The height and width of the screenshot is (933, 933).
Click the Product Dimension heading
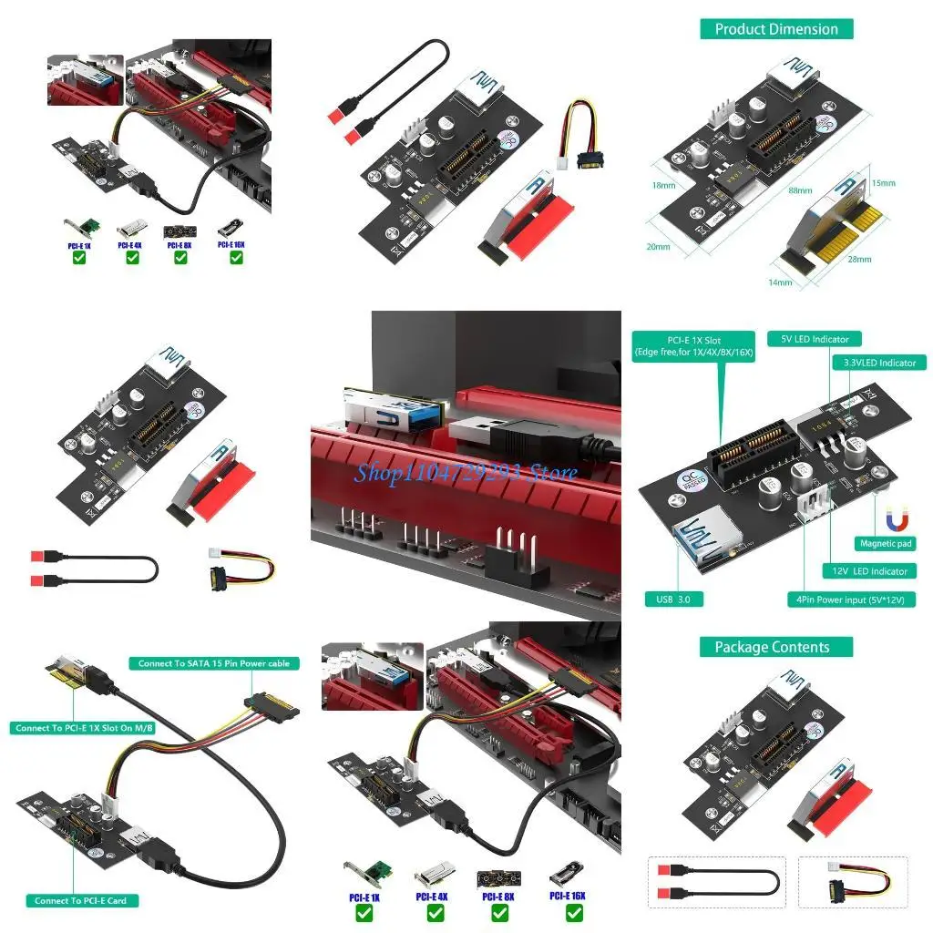776,29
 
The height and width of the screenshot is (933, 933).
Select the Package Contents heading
772,647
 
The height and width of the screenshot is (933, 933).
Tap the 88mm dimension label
801,191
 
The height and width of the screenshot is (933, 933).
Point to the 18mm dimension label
664,185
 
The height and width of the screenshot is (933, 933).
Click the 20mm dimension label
658,246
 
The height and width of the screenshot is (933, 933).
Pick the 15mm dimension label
884,183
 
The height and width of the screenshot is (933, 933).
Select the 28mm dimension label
859,260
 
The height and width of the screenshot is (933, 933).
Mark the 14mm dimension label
779,282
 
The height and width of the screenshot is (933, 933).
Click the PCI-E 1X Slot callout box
693,346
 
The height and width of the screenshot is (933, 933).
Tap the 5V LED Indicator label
814,339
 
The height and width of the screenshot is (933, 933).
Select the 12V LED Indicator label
869,571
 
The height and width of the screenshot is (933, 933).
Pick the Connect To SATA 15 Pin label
213,663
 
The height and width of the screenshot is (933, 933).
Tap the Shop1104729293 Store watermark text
466,472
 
